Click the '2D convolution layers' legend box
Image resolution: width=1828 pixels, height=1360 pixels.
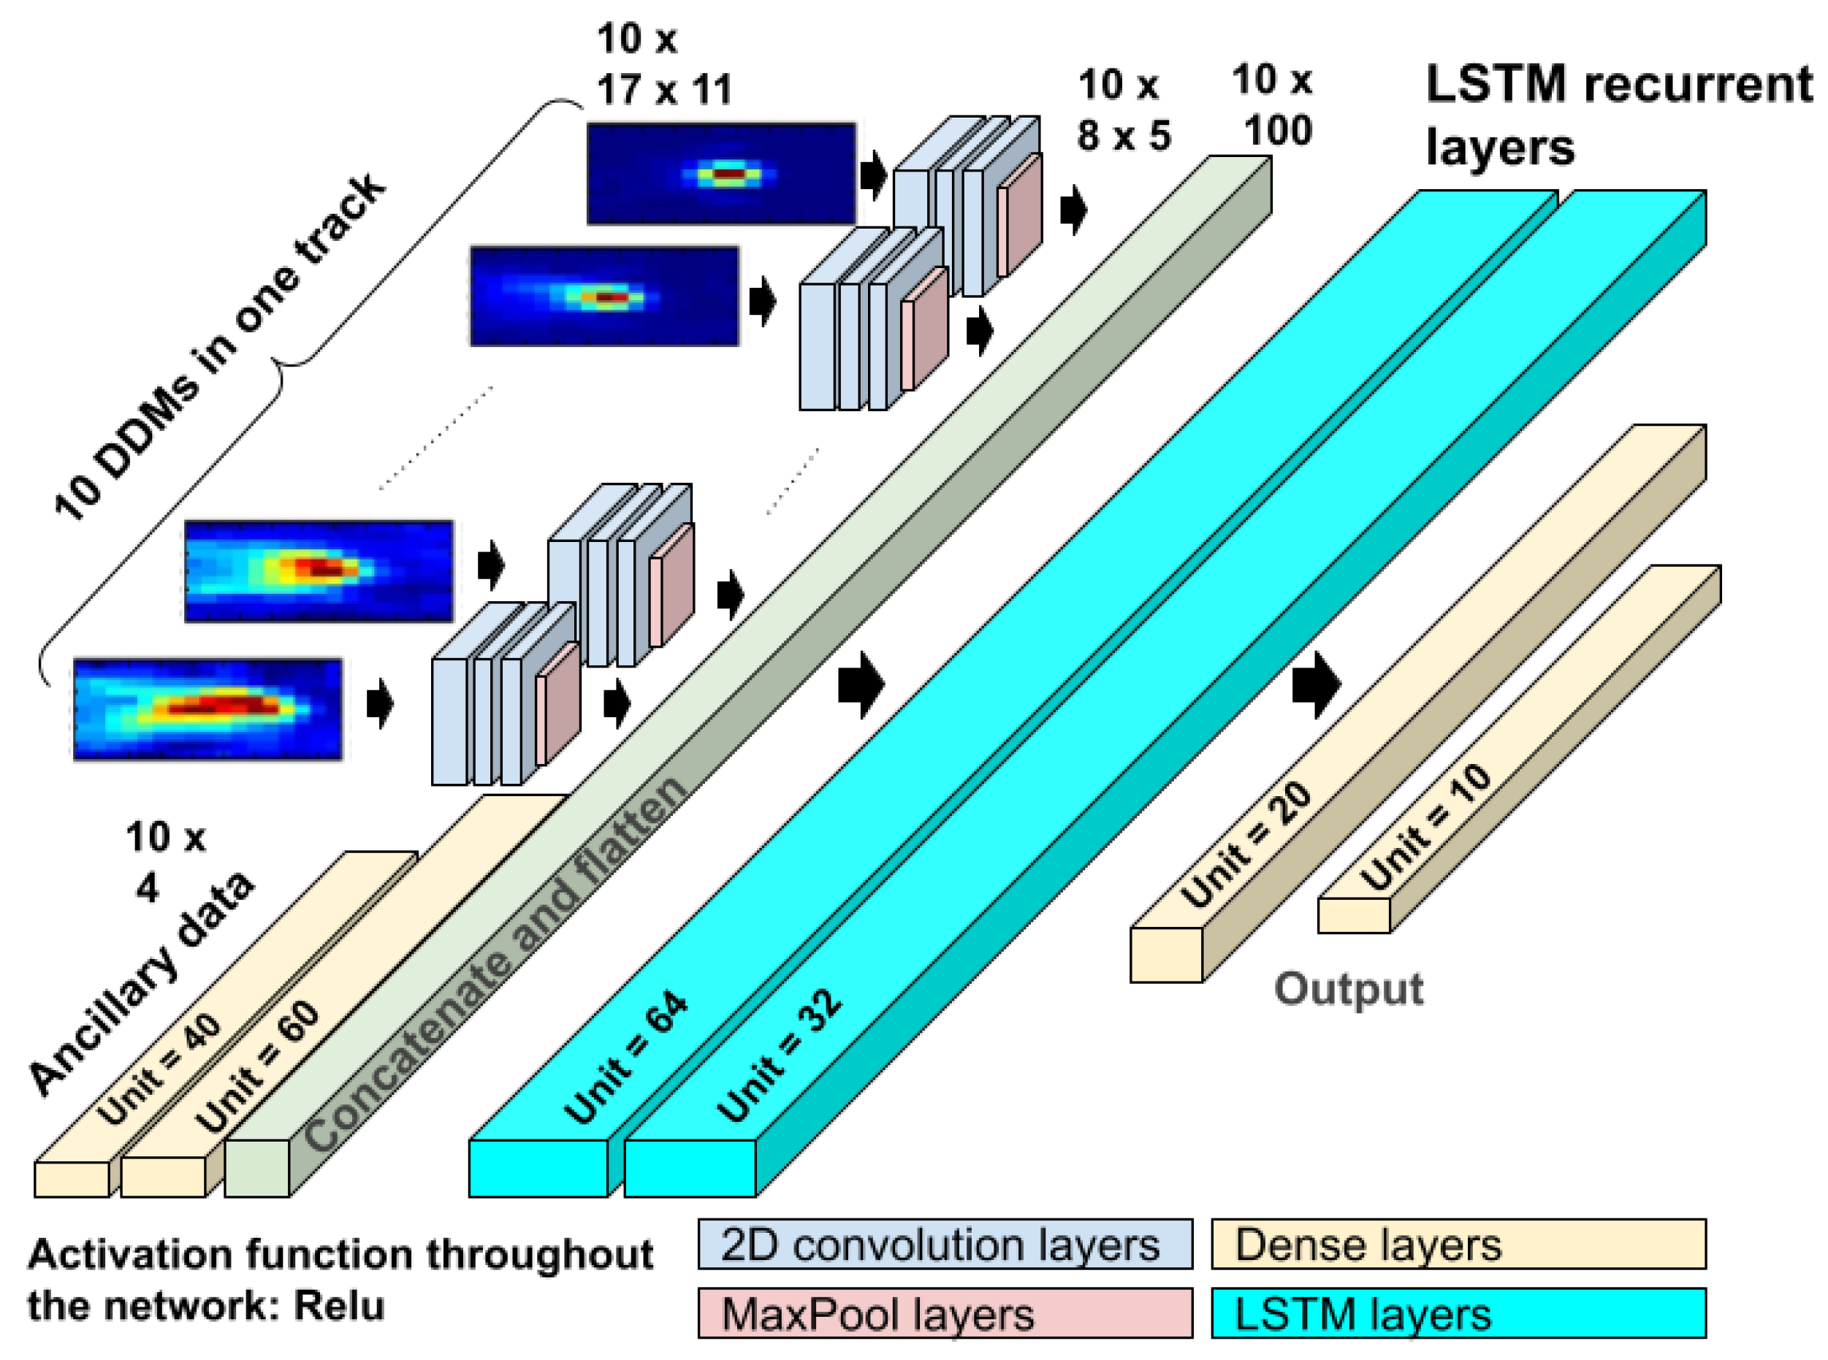(x=945, y=1244)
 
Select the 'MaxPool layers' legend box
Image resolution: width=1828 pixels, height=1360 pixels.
(x=945, y=1313)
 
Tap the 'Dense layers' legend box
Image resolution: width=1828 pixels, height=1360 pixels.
(x=1458, y=1244)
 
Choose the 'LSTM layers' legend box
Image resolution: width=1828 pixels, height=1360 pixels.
(x=1458, y=1313)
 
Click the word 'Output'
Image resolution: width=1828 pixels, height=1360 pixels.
(x=1348, y=989)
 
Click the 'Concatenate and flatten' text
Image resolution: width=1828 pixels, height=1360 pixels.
(x=494, y=963)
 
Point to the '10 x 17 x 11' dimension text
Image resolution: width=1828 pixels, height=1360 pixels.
(x=663, y=64)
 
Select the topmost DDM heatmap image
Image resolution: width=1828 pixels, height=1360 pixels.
(x=720, y=174)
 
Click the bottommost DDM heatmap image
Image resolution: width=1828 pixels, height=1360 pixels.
(x=207, y=708)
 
